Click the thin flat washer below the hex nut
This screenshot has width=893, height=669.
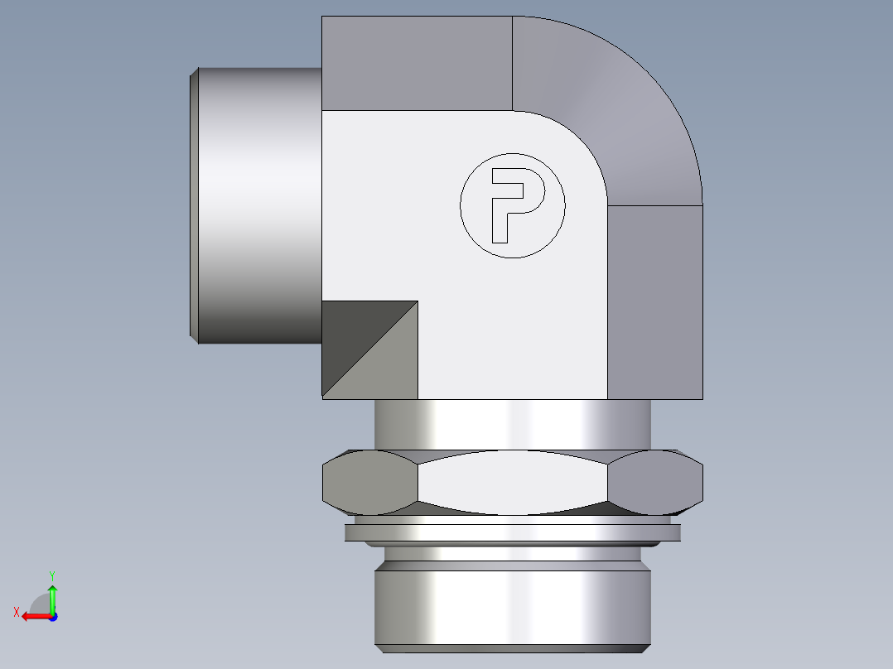[513, 532]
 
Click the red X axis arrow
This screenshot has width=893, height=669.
[34, 616]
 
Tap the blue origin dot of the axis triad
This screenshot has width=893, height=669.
[52, 616]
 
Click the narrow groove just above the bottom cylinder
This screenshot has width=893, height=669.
[513, 552]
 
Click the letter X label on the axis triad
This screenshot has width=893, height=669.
[17, 612]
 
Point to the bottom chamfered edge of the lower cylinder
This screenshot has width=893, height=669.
[513, 646]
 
